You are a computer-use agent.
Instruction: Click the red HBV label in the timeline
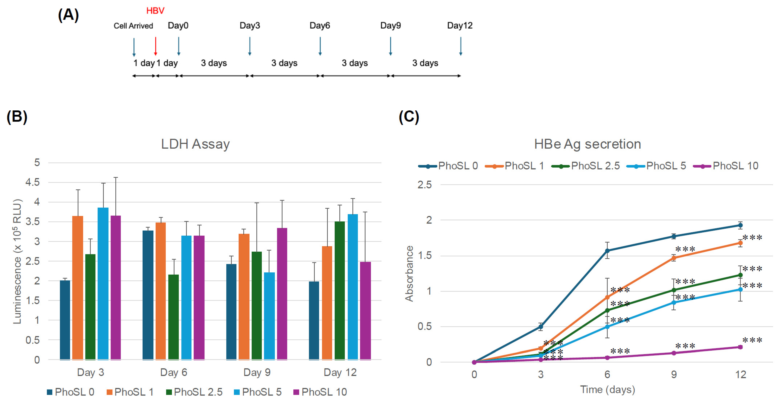155,11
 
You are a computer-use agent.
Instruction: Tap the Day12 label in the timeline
460,26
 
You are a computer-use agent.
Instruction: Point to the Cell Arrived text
133,26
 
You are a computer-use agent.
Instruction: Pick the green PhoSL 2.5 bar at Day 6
173,317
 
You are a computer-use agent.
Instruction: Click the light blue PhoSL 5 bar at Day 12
353,287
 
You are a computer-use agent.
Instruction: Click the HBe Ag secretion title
587,144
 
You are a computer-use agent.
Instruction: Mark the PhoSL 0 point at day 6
607,251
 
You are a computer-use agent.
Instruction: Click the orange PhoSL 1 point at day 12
740,243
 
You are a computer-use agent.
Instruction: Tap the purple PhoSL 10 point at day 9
674,353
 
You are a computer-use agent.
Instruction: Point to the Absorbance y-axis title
409,273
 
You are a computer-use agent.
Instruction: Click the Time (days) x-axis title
607,390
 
